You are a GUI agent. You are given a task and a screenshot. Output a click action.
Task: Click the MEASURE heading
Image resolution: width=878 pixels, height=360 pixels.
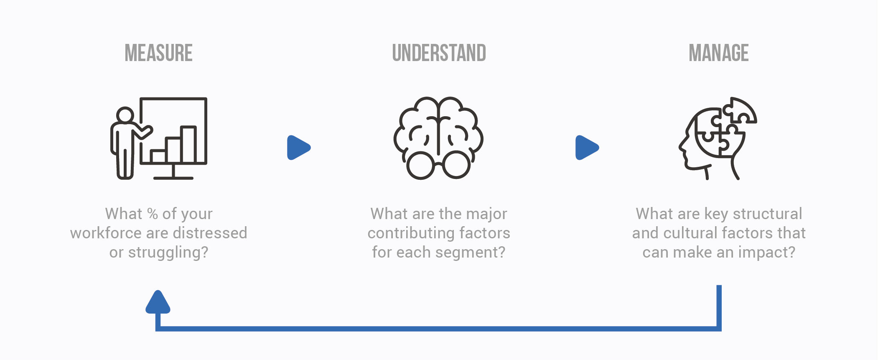(159, 53)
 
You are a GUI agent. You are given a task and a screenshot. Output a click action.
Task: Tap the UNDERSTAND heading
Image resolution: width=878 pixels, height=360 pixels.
(439, 53)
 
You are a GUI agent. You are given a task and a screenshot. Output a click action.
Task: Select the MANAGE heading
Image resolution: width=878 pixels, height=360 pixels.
(719, 53)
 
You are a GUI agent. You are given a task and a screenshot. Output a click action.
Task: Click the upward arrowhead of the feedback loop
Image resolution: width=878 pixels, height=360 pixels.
(158, 302)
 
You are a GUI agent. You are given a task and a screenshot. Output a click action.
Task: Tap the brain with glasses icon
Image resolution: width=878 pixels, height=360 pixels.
(439, 138)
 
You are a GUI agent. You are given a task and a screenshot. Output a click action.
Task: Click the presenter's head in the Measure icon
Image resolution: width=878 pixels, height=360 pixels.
(125, 115)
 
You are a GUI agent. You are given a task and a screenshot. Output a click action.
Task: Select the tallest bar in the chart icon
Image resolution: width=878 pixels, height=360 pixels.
(188, 144)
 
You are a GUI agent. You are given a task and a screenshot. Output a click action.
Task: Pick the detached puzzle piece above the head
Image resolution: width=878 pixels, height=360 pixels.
(740, 111)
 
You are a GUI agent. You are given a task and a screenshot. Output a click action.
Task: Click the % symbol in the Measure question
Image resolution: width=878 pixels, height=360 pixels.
(153, 214)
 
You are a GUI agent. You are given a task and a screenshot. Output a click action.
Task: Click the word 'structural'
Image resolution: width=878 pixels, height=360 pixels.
(768, 214)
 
